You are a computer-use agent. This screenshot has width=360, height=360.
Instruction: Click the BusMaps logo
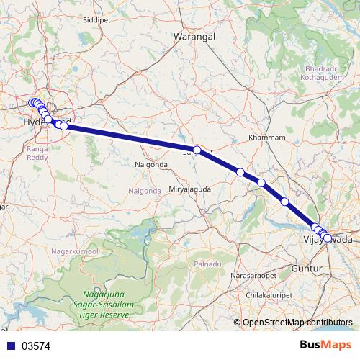(325, 346)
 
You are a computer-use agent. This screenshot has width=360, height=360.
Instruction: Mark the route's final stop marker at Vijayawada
(328, 238)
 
